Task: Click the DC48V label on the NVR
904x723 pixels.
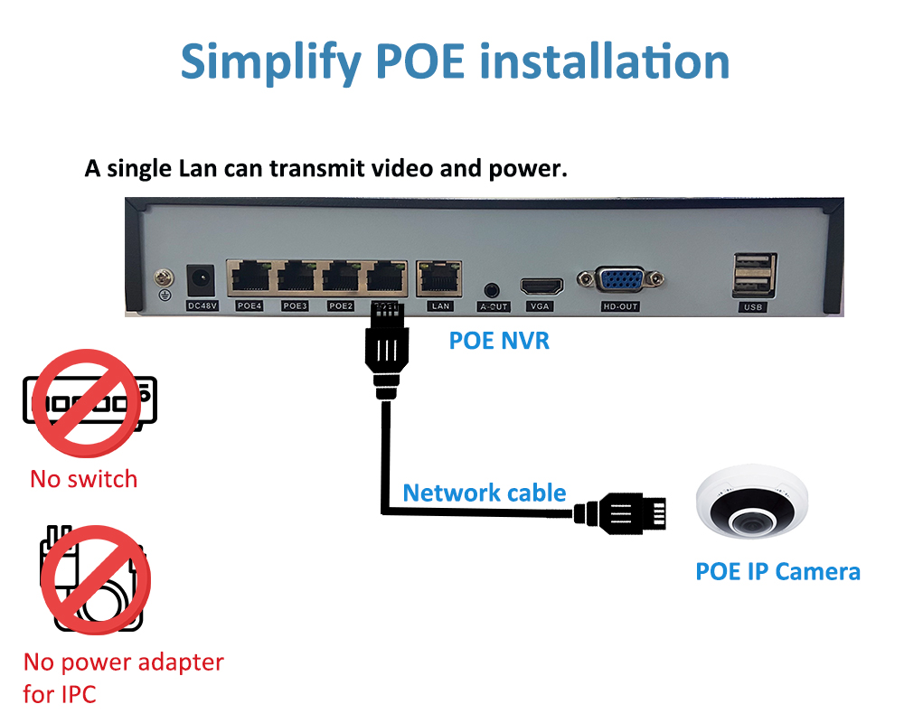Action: click(202, 305)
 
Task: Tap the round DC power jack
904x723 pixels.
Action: click(201, 280)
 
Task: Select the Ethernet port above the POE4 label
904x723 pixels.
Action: click(250, 277)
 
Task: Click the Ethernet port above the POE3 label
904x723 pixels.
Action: click(297, 277)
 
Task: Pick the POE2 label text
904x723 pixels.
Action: click(341, 305)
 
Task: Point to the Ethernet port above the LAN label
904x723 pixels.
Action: click(438, 277)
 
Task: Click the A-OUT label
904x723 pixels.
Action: click(494, 306)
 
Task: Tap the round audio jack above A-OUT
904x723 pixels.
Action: click(491, 289)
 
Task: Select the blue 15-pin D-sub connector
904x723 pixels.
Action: click(620, 281)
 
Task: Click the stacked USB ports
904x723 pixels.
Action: click(754, 276)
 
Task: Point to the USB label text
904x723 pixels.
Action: click(753, 306)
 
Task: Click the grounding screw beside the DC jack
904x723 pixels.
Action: click(165, 278)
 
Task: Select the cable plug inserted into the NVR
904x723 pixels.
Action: click(387, 351)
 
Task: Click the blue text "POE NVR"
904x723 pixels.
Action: click(499, 341)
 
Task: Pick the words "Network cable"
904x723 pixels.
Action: click(485, 493)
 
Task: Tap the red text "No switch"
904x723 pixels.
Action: click(83, 479)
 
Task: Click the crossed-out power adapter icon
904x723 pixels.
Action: click(95, 579)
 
